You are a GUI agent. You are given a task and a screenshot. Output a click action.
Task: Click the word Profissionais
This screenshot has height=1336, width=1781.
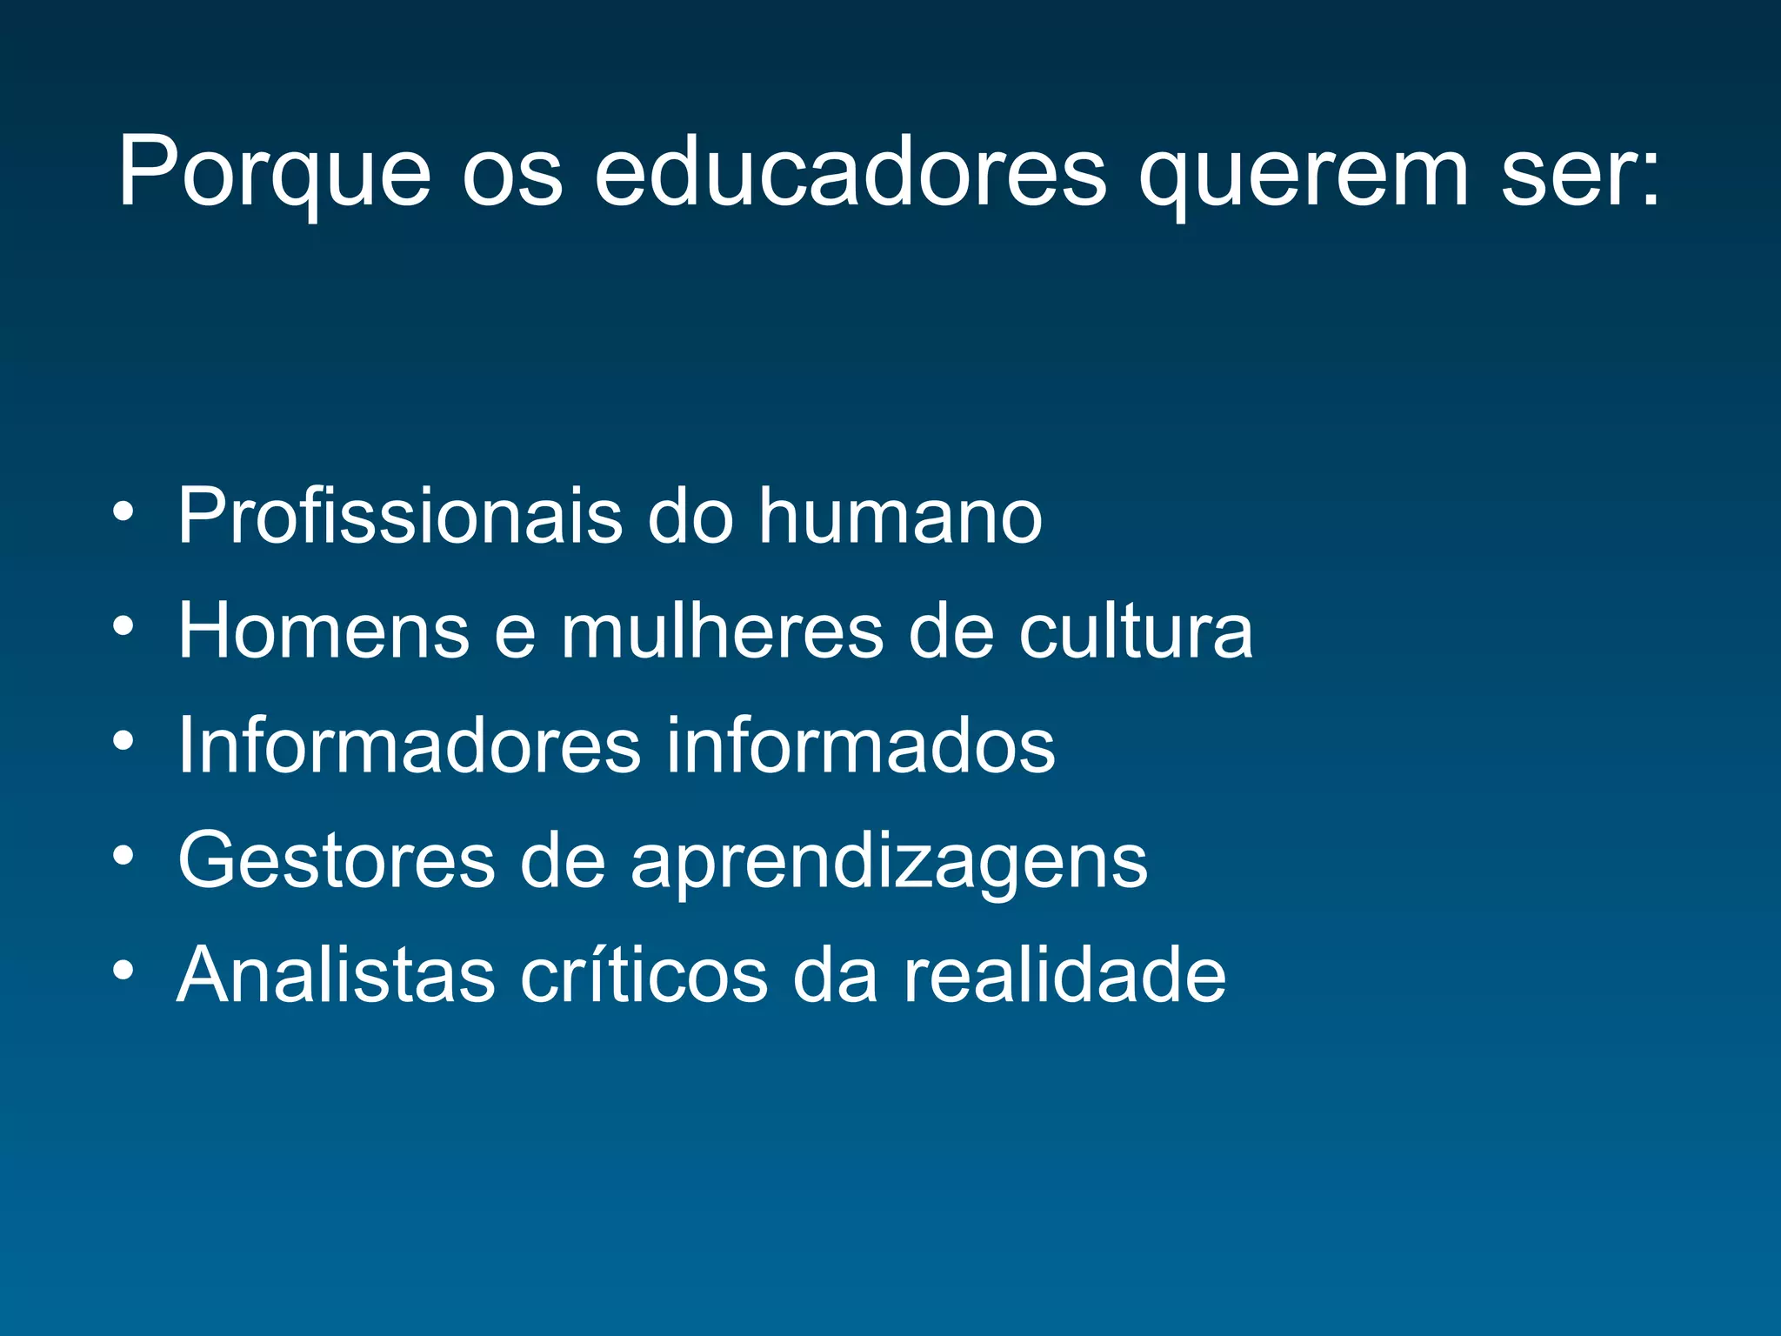[x=400, y=516]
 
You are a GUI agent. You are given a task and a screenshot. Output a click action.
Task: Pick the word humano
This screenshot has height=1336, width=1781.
[x=900, y=516]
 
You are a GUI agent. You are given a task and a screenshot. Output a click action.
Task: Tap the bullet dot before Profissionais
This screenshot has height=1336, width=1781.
[x=123, y=511]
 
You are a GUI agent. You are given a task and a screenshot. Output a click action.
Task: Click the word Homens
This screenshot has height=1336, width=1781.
[x=324, y=631]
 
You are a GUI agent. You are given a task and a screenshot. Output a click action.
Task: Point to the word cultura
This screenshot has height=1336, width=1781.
[x=1136, y=631]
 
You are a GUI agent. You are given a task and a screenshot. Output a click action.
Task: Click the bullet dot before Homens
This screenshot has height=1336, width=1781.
[x=123, y=625]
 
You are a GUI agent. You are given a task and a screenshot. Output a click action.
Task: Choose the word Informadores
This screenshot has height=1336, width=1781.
[x=409, y=745]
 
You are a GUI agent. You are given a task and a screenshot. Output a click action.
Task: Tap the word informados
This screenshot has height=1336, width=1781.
[x=860, y=745]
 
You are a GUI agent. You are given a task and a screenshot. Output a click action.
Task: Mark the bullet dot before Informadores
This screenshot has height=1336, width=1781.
[x=123, y=740]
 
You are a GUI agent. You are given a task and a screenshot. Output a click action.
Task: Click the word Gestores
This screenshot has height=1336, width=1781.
[x=337, y=860]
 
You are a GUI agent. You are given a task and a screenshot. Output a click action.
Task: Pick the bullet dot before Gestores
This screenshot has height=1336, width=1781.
[x=123, y=855]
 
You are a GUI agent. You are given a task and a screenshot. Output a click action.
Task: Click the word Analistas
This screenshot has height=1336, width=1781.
[x=336, y=975]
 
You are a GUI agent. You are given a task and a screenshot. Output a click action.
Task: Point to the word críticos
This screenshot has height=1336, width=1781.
[x=644, y=975]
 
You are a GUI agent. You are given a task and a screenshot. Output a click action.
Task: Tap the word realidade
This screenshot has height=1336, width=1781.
[x=1064, y=975]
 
